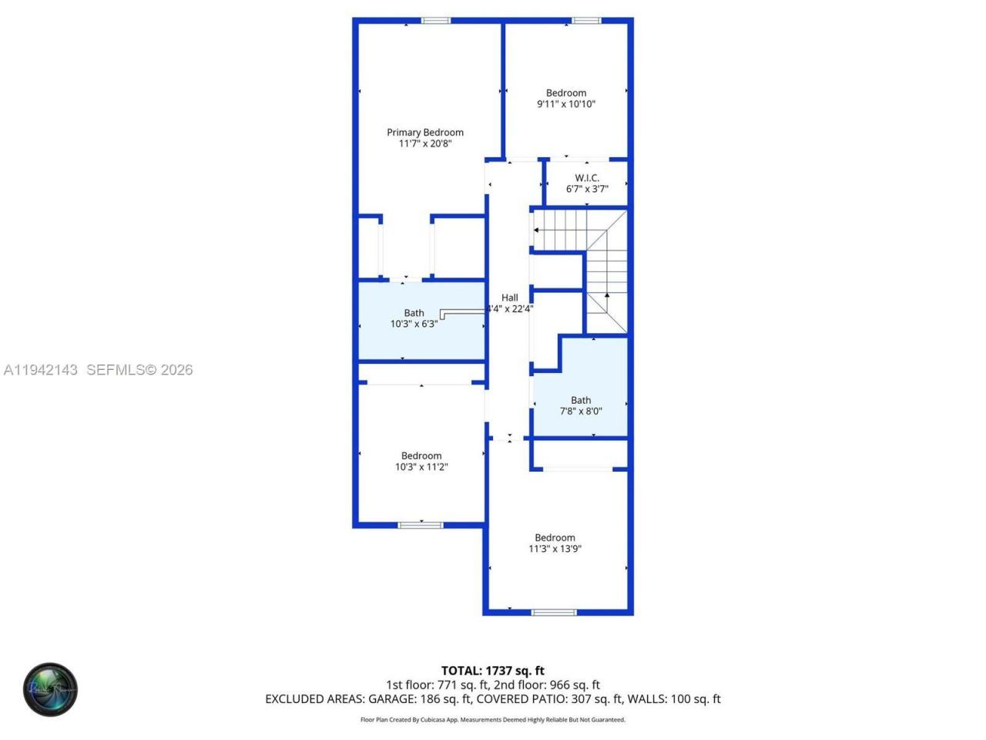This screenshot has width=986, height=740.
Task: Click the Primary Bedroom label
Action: click(x=425, y=133)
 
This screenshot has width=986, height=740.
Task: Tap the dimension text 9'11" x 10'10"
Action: click(x=566, y=104)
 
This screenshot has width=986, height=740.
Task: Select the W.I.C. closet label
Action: click(x=587, y=178)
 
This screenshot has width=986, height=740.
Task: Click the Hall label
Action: click(x=510, y=298)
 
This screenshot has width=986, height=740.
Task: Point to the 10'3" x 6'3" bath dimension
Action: click(x=414, y=325)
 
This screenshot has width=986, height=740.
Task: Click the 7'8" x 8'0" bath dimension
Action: click(x=581, y=412)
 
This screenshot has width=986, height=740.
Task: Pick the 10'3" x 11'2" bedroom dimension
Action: click(x=421, y=467)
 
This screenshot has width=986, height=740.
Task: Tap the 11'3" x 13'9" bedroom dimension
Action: click(x=555, y=549)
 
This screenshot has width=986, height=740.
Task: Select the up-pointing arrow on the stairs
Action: click(x=607, y=295)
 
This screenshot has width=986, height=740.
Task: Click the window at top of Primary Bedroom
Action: click(x=435, y=21)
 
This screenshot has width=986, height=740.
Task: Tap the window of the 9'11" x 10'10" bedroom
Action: click(x=585, y=21)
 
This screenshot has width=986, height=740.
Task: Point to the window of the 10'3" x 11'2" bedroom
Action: click(x=421, y=526)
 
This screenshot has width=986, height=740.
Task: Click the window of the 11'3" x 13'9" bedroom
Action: click(x=554, y=613)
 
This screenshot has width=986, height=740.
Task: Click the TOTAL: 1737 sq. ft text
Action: click(x=493, y=671)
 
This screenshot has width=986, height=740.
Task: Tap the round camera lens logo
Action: click(x=50, y=689)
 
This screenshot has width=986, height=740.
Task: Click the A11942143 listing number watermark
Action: click(x=41, y=370)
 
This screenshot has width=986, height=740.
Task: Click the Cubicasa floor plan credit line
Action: click(x=493, y=720)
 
